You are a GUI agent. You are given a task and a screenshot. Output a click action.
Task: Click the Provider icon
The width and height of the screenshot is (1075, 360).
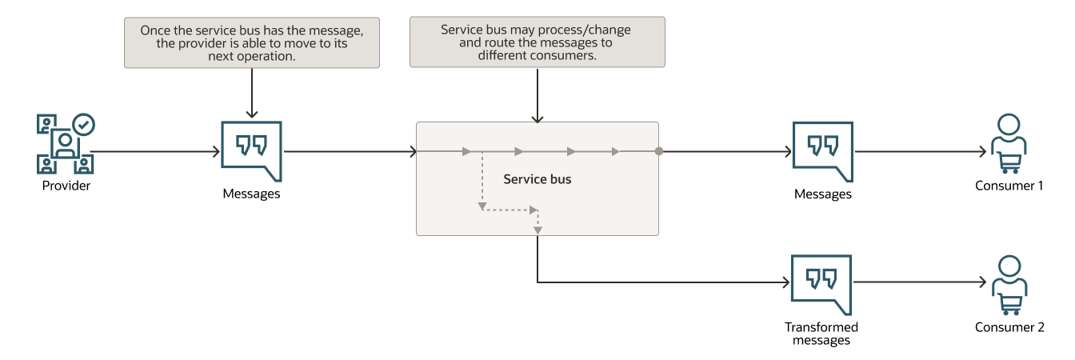click(x=65, y=144)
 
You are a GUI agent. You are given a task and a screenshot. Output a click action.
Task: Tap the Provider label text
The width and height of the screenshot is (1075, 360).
click(x=66, y=186)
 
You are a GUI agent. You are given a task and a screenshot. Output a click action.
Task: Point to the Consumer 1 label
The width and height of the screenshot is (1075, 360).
click(x=1009, y=186)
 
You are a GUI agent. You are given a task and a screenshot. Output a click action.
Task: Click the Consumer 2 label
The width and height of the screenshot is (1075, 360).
click(x=1009, y=327)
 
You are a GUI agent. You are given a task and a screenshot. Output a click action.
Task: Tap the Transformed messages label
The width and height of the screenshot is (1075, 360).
click(x=821, y=334)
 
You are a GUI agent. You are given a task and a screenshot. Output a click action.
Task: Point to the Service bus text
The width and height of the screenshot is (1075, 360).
click(x=537, y=179)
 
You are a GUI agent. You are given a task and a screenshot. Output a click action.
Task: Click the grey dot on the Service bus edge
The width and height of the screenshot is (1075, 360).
click(x=658, y=150)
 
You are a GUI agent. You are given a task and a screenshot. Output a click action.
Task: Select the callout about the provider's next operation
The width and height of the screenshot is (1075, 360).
click(x=252, y=42)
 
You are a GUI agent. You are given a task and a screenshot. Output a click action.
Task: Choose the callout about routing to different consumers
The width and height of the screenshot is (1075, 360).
click(x=537, y=42)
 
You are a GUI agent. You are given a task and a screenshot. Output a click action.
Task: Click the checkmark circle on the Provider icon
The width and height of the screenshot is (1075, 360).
click(x=83, y=125)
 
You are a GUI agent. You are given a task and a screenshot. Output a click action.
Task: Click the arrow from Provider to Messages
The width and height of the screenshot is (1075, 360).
click(x=156, y=150)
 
